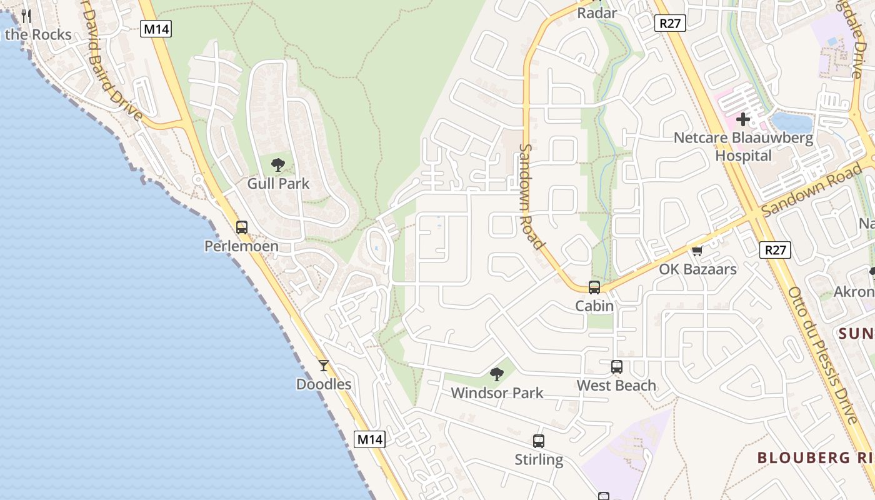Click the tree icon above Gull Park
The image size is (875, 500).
(x=278, y=165)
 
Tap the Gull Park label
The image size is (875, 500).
(x=278, y=184)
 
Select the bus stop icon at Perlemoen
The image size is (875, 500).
(x=242, y=227)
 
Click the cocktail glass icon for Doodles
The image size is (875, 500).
(x=323, y=366)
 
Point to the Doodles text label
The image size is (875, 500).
(x=324, y=384)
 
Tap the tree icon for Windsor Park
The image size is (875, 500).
(x=497, y=374)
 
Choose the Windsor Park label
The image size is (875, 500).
(x=497, y=393)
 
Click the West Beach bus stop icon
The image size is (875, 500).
(x=617, y=367)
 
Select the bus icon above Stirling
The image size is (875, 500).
(x=539, y=441)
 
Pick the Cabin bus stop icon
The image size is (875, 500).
(x=594, y=287)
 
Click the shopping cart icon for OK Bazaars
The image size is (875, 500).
(x=697, y=251)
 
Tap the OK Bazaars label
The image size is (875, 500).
(x=698, y=269)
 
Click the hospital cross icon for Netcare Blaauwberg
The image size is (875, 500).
(x=743, y=119)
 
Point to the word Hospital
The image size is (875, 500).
(x=743, y=156)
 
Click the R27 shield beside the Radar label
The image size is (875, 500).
(x=671, y=24)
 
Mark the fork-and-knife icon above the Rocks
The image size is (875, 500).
(x=26, y=16)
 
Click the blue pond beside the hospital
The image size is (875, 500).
(x=791, y=122)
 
